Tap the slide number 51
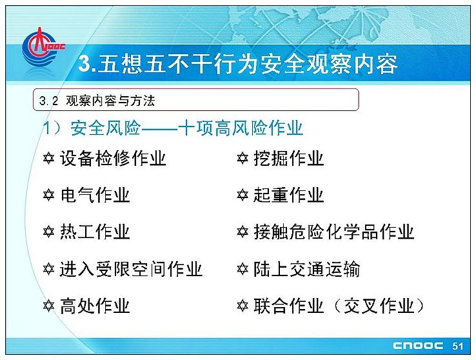[x=457, y=346]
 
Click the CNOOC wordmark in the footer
[x=418, y=346]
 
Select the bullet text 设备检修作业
[x=113, y=158]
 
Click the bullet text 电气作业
[x=95, y=195]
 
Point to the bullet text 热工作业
[x=95, y=232]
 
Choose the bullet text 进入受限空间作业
[x=131, y=269]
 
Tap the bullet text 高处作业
[x=95, y=306]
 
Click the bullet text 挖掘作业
[x=289, y=158]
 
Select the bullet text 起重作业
[x=289, y=195]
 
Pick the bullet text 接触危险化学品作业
[x=334, y=232]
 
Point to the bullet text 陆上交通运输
[x=307, y=269]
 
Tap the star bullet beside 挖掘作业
[x=243, y=158]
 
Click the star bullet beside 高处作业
[x=48, y=306]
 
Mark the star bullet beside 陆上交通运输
[x=243, y=269]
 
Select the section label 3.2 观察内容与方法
[x=97, y=101]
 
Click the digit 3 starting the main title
[x=84, y=63]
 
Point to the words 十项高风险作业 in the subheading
[x=241, y=128]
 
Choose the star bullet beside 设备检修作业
[x=48, y=158]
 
